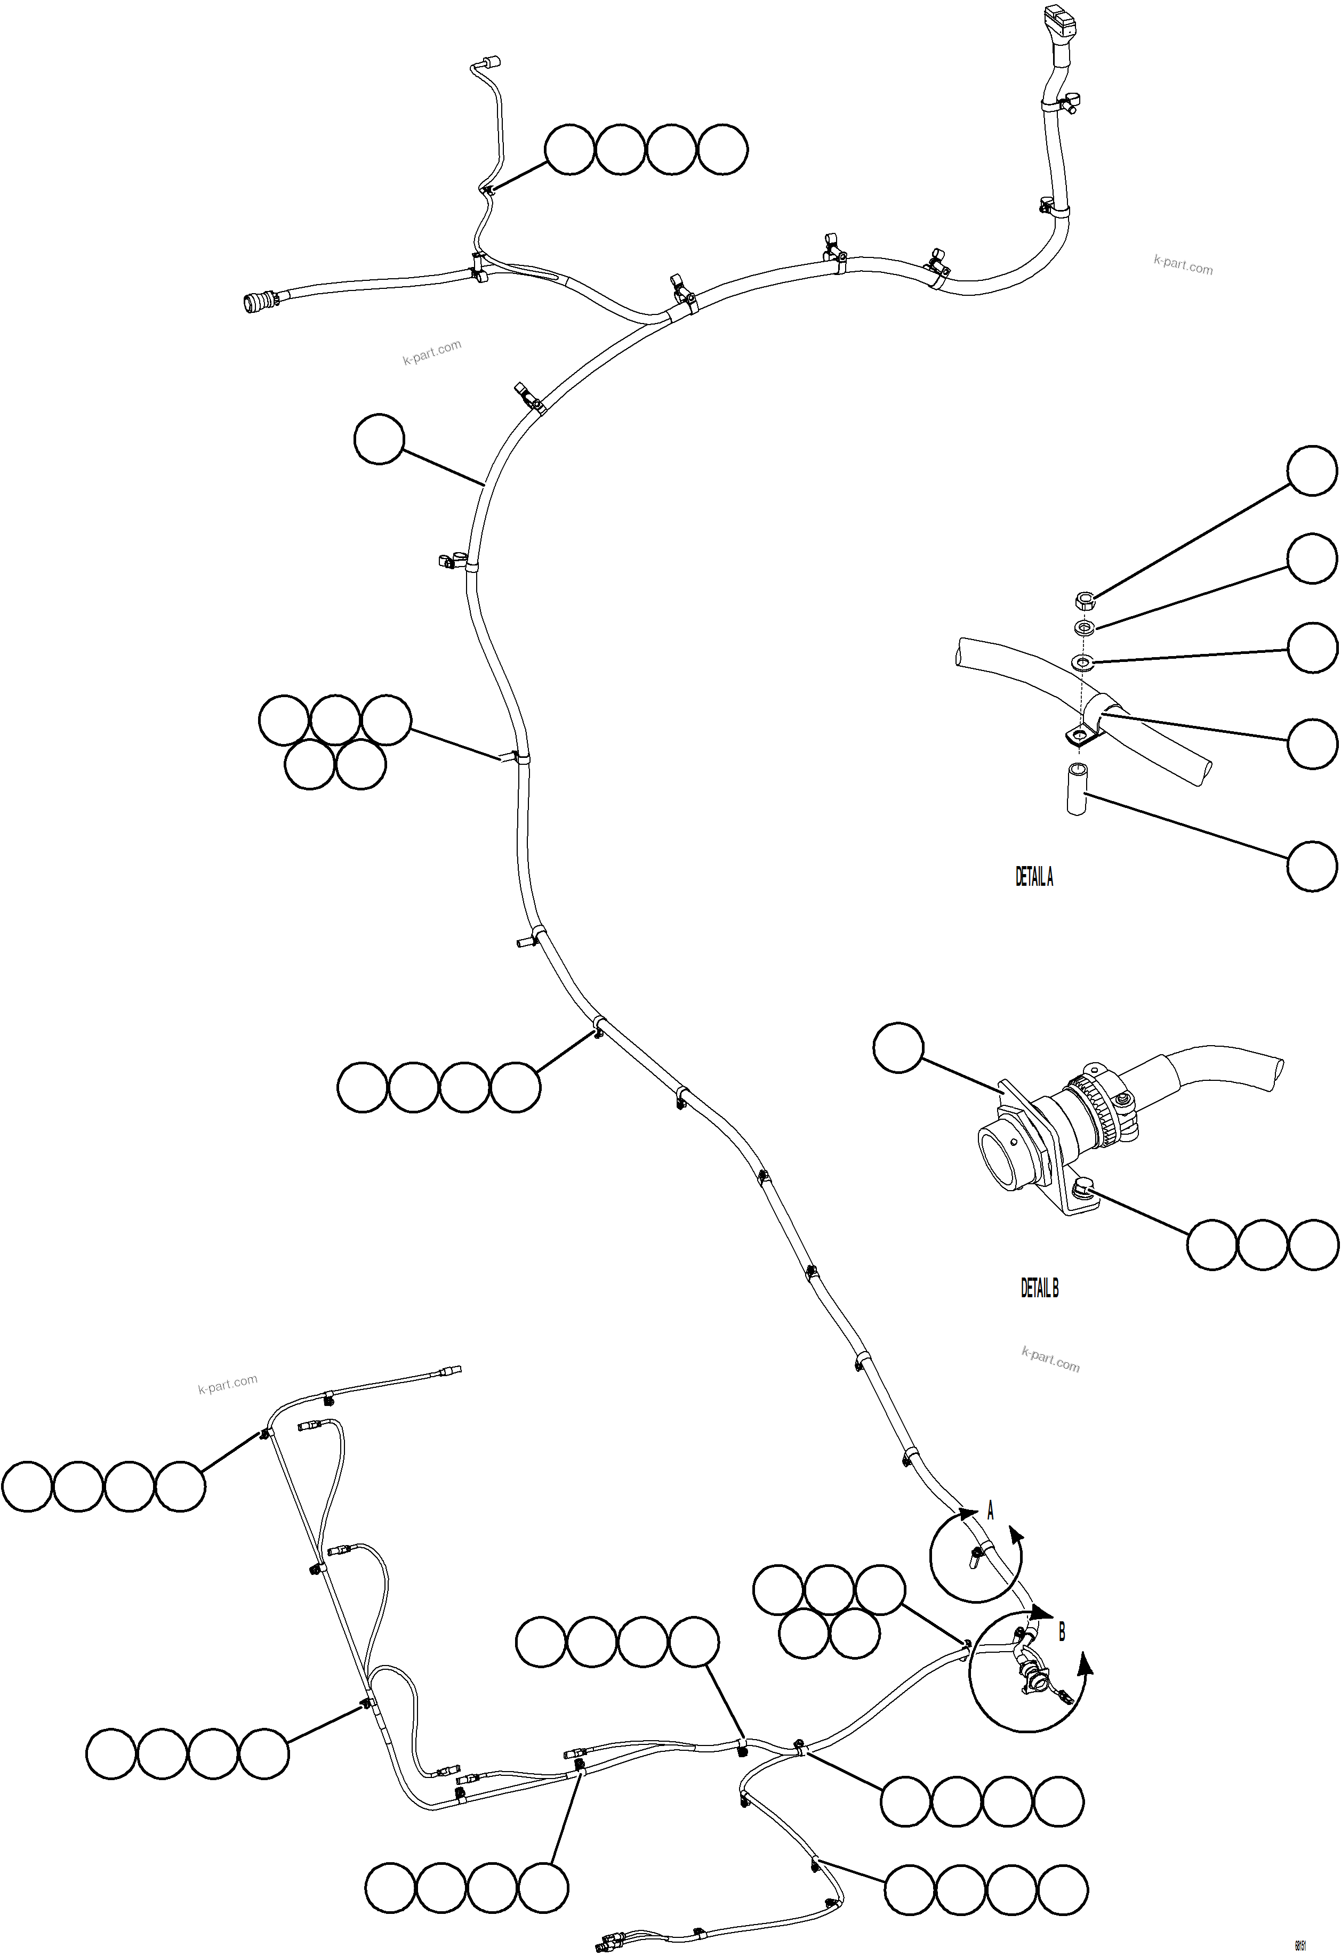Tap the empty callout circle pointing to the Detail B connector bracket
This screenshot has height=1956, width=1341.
(898, 1048)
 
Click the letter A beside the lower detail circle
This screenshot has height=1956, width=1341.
(990, 1511)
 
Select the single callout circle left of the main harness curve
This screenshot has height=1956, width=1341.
(379, 439)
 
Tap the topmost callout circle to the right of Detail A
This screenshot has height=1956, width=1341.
(1312, 471)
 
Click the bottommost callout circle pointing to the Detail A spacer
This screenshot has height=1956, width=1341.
(1312, 865)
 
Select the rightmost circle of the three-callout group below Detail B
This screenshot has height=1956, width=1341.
(1312, 1245)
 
